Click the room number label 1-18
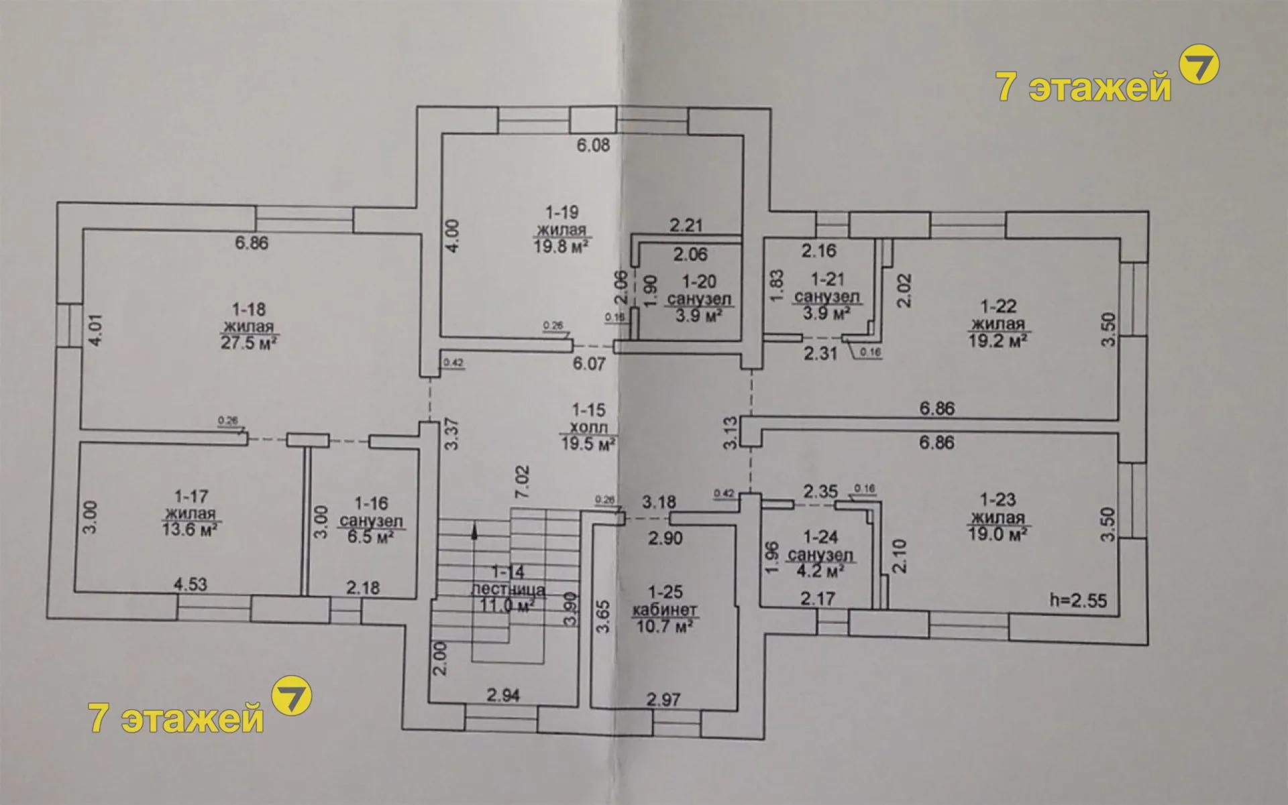[x=249, y=310]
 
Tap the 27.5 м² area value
[x=250, y=343]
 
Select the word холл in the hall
[x=589, y=426]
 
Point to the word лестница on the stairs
[x=508, y=590]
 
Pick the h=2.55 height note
[x=1078, y=601]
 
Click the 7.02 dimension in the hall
[x=523, y=482]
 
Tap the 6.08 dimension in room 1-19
[x=594, y=145]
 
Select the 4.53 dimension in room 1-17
[x=191, y=584]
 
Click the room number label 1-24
[x=820, y=538]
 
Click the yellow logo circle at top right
[x=1199, y=64]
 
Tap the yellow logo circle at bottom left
[x=292, y=696]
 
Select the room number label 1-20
[x=699, y=282]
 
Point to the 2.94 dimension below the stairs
[x=503, y=696]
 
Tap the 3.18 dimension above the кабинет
[x=659, y=501]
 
